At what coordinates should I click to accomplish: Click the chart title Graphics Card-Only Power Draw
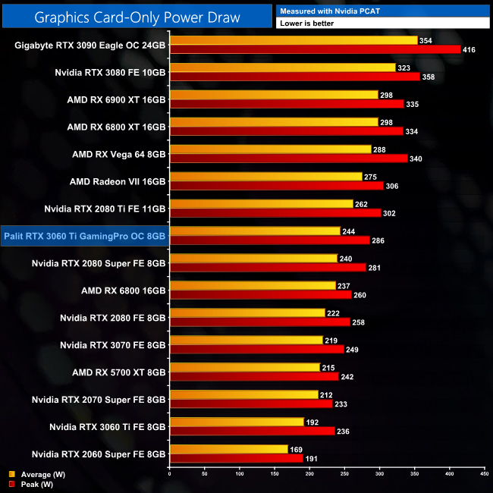click(x=136, y=17)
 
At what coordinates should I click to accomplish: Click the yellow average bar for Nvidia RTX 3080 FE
click(x=282, y=68)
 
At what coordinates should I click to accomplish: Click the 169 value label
click(x=297, y=450)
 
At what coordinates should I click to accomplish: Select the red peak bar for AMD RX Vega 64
click(x=288, y=159)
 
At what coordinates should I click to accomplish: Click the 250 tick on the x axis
click(x=345, y=475)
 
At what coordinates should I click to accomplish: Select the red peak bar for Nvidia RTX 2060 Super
click(x=236, y=458)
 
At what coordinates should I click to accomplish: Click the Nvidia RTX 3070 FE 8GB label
click(x=112, y=345)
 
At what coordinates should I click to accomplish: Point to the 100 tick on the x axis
click(x=240, y=475)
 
